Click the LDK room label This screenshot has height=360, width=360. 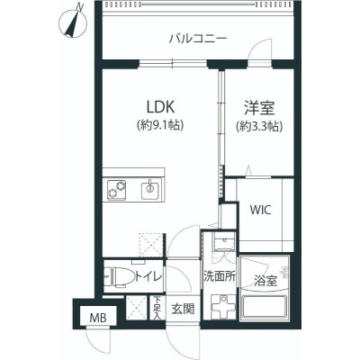click(x=160, y=106)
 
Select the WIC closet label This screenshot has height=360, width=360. click(x=261, y=210)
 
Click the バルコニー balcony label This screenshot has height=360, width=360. click(x=198, y=39)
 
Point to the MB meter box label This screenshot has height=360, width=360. click(x=98, y=318)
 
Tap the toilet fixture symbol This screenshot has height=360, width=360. click(x=120, y=276)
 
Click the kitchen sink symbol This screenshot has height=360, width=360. click(x=149, y=189)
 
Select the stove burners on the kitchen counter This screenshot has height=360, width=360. click(x=117, y=189)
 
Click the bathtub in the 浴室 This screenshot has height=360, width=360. click(x=265, y=308)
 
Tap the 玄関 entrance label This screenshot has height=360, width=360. click(x=183, y=309)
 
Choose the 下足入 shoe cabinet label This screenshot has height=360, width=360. click(x=157, y=308)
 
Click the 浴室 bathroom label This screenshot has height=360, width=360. click(x=265, y=281)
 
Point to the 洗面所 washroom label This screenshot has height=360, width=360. click(x=220, y=276)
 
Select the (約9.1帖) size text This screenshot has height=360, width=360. click(x=160, y=125)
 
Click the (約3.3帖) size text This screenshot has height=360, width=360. click(x=259, y=127)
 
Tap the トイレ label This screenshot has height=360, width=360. click(x=148, y=276)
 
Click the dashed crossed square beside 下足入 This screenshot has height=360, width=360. click(x=137, y=308)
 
